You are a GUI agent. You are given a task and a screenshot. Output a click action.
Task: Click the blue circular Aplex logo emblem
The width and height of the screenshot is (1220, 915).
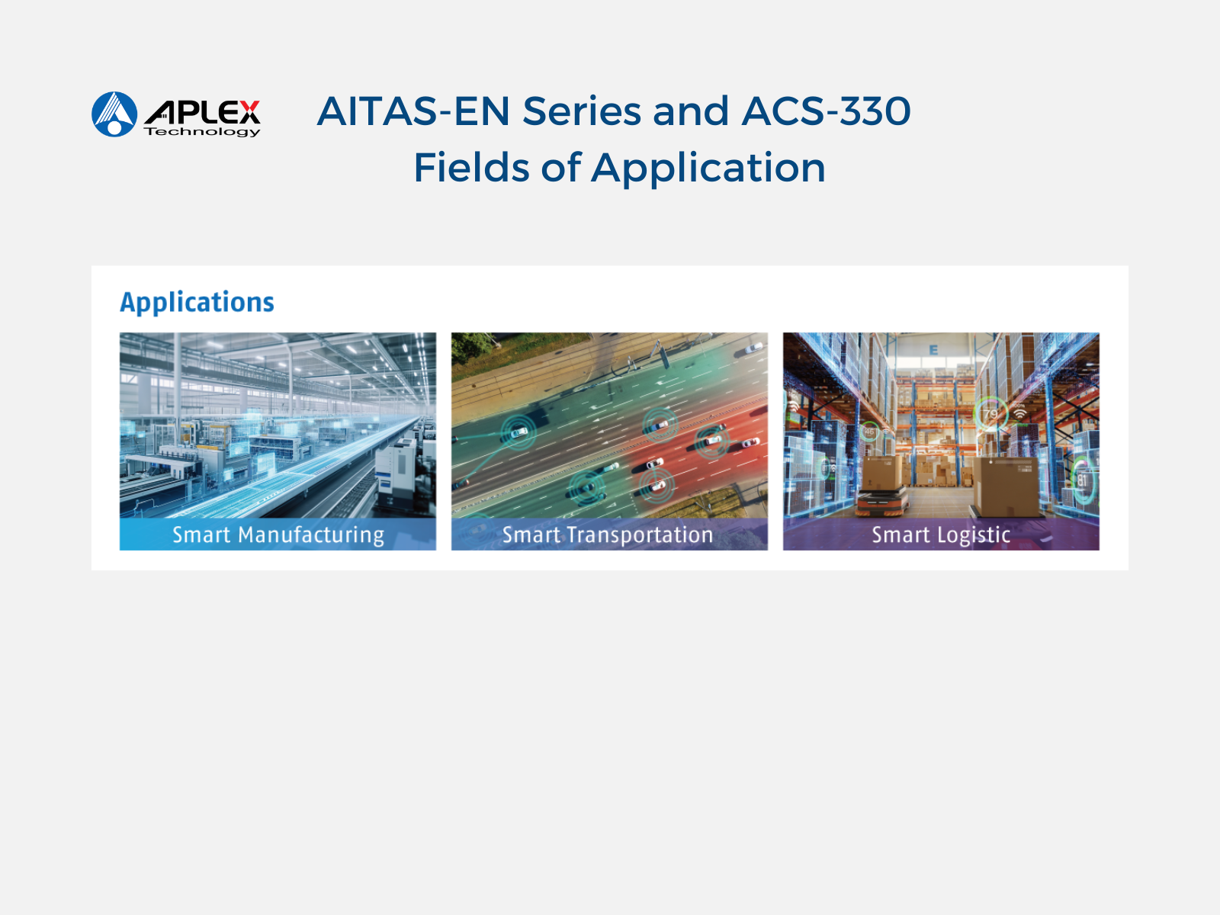(x=114, y=114)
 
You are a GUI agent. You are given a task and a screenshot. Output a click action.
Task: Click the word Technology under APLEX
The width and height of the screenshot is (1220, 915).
(x=202, y=132)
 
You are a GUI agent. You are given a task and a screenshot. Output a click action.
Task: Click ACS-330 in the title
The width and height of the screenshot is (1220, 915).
(x=827, y=111)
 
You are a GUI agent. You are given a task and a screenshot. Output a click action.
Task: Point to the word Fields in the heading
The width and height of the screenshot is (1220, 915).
(x=471, y=167)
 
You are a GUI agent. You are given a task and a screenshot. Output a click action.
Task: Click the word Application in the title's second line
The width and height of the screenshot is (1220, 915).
(x=708, y=169)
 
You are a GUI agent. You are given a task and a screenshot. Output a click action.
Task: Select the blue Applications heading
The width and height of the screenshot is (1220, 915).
(x=197, y=303)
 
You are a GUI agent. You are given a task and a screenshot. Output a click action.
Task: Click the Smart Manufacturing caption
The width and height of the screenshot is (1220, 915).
(x=278, y=535)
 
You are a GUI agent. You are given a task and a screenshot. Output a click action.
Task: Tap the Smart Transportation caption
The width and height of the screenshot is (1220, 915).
(x=608, y=535)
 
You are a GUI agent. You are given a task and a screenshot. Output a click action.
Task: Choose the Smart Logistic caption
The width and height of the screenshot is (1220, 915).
(x=941, y=535)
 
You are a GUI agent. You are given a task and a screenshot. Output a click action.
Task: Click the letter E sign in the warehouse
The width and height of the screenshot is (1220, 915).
(x=933, y=349)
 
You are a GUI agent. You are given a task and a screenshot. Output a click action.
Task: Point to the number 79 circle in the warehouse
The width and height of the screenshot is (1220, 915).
(x=990, y=413)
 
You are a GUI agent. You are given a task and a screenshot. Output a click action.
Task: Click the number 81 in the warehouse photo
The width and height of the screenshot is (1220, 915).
(x=1081, y=480)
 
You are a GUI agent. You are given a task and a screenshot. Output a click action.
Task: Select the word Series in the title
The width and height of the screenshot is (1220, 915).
(x=582, y=111)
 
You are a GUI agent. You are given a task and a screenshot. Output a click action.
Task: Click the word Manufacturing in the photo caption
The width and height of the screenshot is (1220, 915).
(x=311, y=535)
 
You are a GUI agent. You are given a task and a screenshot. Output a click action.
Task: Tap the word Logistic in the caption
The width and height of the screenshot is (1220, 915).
(x=974, y=535)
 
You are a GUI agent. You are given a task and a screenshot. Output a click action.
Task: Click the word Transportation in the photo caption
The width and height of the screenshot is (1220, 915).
(x=640, y=535)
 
